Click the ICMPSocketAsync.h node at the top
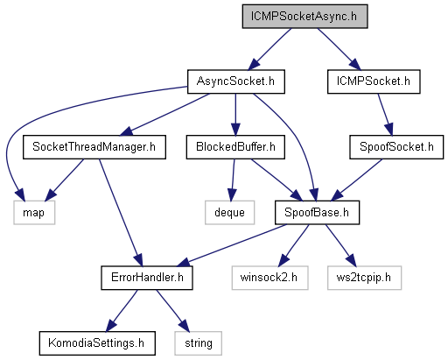[x=304, y=17]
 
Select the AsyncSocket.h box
[x=236, y=81]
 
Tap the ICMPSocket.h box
[x=374, y=81]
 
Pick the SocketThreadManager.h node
[x=94, y=147]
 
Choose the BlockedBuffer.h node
[x=235, y=147]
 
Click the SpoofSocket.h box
[x=396, y=147]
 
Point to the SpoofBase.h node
[x=317, y=213]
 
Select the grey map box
[x=34, y=213]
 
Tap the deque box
[x=229, y=213]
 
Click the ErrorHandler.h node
[x=147, y=278]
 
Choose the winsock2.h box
[x=269, y=278]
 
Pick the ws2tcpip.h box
[x=364, y=278]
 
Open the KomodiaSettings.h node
[x=97, y=343]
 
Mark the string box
[x=199, y=343]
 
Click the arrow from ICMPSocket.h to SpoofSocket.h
[x=385, y=115]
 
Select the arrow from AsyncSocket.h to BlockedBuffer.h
[x=235, y=115]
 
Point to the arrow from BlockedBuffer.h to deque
[x=233, y=180]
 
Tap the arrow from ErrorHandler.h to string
[x=172, y=311]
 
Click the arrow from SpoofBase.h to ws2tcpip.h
[x=340, y=245]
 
